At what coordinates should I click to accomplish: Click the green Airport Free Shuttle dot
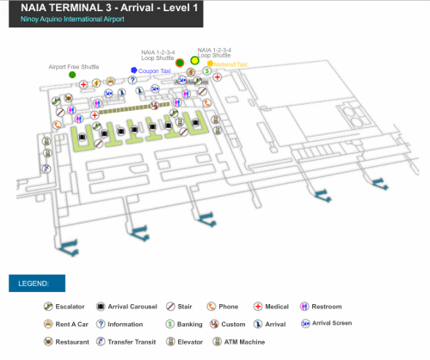(x=72, y=76)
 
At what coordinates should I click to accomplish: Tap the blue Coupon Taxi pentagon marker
(x=134, y=70)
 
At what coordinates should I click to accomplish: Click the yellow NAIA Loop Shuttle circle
(x=195, y=60)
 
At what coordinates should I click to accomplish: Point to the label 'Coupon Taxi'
(x=156, y=71)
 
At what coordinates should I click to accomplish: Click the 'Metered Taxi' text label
(x=231, y=64)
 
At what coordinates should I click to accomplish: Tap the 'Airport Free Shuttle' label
(x=74, y=66)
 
